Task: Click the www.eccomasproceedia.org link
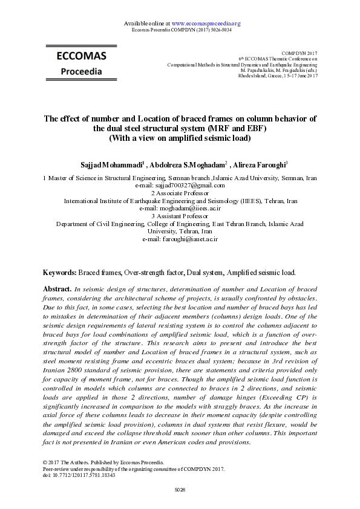pos(206,24)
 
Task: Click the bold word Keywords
pos(60,273)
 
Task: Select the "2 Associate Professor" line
pos(180,193)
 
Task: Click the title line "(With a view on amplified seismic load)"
pos(180,138)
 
